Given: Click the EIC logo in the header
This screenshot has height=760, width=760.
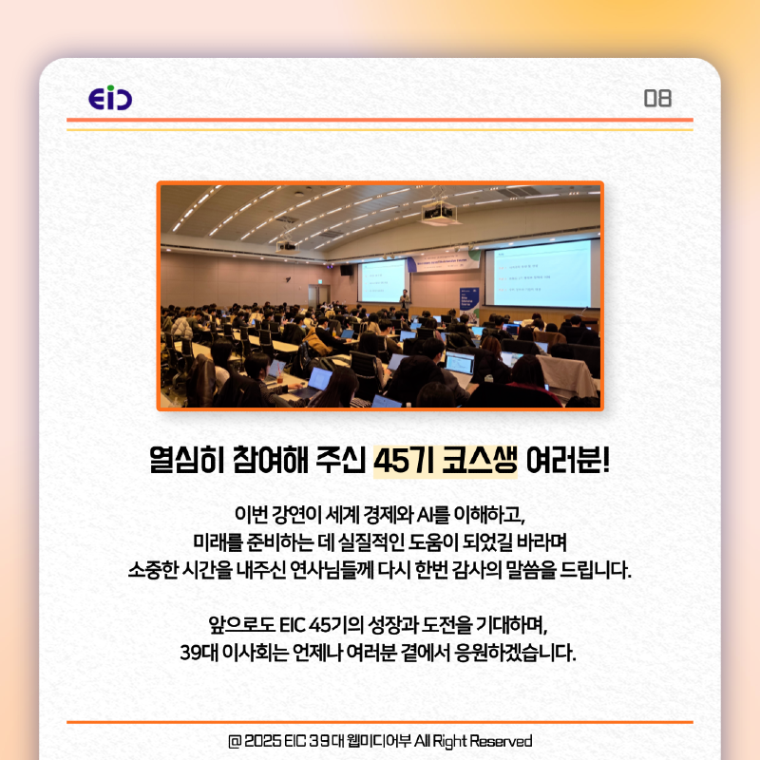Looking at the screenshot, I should pyautogui.click(x=109, y=98).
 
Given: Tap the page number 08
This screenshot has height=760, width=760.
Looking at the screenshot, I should pyautogui.click(x=657, y=98).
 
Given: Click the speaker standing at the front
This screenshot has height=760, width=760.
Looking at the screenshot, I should pyautogui.click(x=406, y=298).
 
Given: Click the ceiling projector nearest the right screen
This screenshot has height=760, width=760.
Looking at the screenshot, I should pyautogui.click(x=436, y=213).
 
